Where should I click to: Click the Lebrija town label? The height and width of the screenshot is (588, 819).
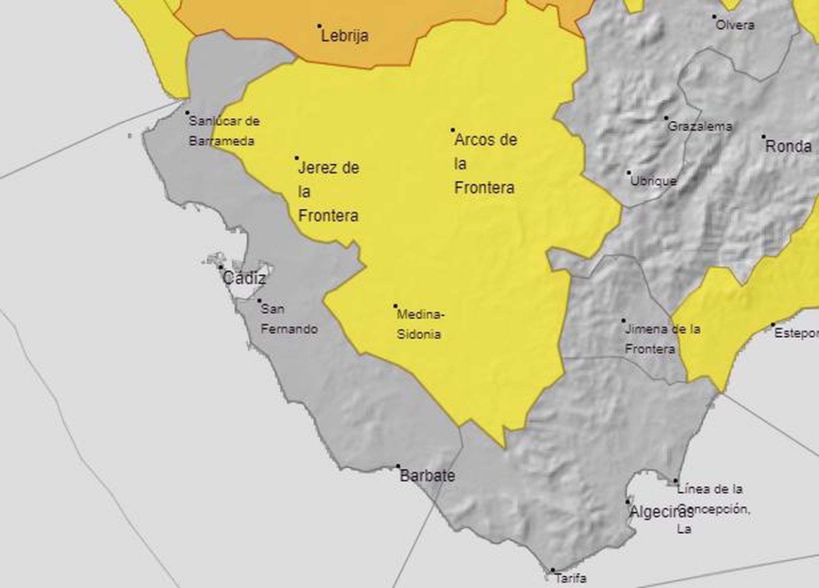pyautogui.click(x=344, y=36)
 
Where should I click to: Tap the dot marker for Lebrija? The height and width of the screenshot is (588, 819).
pyautogui.click(x=319, y=26)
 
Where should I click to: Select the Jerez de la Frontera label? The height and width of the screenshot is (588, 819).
pyautogui.click(x=329, y=191)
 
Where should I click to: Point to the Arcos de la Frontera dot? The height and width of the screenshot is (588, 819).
pyautogui.click(x=452, y=130)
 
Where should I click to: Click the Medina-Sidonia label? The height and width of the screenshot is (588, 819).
pyautogui.click(x=420, y=324)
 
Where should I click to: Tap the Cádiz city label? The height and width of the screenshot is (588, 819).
pyautogui.click(x=244, y=278)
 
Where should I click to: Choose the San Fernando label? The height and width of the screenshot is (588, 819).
pyautogui.click(x=289, y=319)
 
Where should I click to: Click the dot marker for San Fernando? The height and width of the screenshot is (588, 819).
pyautogui.click(x=259, y=301)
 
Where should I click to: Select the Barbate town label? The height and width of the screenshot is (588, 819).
pyautogui.click(x=427, y=476)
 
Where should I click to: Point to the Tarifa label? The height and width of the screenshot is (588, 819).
pyautogui.click(x=570, y=579)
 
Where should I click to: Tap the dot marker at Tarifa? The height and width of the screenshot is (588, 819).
pyautogui.click(x=552, y=570)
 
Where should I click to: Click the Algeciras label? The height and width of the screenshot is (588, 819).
pyautogui.click(x=660, y=512)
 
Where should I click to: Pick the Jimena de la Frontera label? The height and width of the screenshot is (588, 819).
pyautogui.click(x=662, y=339)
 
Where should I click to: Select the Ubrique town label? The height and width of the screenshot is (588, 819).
pyautogui.click(x=653, y=181)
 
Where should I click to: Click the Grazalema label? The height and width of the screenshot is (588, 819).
pyautogui.click(x=700, y=126)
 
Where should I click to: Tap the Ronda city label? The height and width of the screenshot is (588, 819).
pyautogui.click(x=788, y=147)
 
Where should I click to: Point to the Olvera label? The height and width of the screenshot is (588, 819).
pyautogui.click(x=735, y=25)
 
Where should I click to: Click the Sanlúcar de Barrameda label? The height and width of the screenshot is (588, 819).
pyautogui.click(x=224, y=131)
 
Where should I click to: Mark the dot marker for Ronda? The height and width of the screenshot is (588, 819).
pyautogui.click(x=763, y=137)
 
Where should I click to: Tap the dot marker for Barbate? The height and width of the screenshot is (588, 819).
pyautogui.click(x=398, y=466)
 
